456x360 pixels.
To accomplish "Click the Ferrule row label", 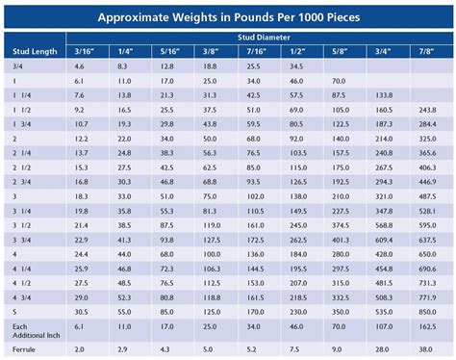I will pos(22,348).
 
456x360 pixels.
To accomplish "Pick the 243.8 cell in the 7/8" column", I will pos(425,111).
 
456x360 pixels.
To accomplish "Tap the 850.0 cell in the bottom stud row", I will pos(425,312).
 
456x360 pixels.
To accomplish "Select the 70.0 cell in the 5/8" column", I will pos(340,82).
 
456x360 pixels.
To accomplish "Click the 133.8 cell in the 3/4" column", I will pos(383,96).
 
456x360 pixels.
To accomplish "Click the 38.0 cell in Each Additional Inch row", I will pos(425,329).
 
